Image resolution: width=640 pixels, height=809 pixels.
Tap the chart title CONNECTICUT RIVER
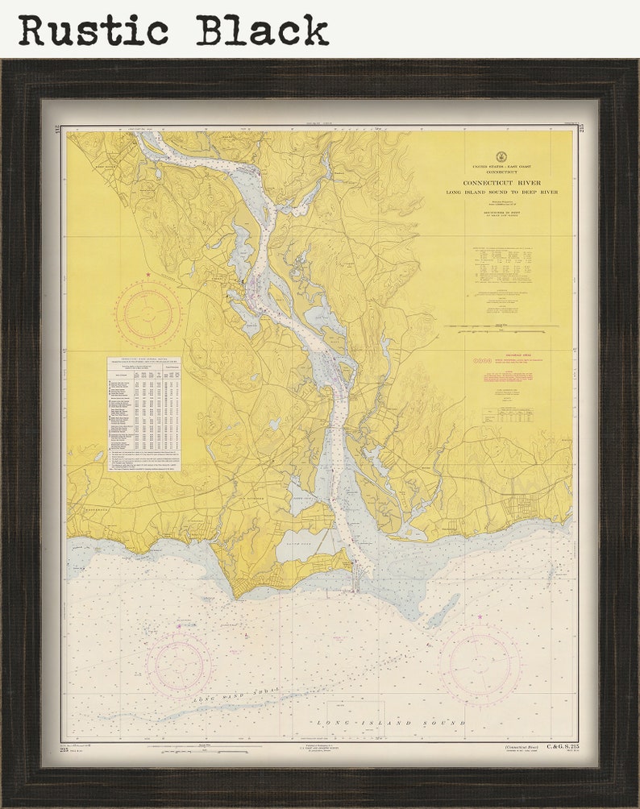point(501,183)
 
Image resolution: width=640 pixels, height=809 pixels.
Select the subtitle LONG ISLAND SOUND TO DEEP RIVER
point(501,193)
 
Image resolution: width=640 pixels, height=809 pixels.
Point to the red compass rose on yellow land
point(148,313)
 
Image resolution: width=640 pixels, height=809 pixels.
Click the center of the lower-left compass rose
point(179,665)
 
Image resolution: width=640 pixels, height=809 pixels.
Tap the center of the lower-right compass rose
point(480,665)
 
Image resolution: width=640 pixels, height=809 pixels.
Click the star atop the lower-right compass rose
point(480,617)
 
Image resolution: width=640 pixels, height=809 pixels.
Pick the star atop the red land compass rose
point(148,276)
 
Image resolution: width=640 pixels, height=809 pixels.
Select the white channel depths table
point(143,413)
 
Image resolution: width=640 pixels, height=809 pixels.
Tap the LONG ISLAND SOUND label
point(391,723)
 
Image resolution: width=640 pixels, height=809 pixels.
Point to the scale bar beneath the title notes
point(501,327)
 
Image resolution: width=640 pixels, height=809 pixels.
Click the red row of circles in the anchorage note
point(482,360)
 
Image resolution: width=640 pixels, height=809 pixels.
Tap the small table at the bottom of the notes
point(507,414)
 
